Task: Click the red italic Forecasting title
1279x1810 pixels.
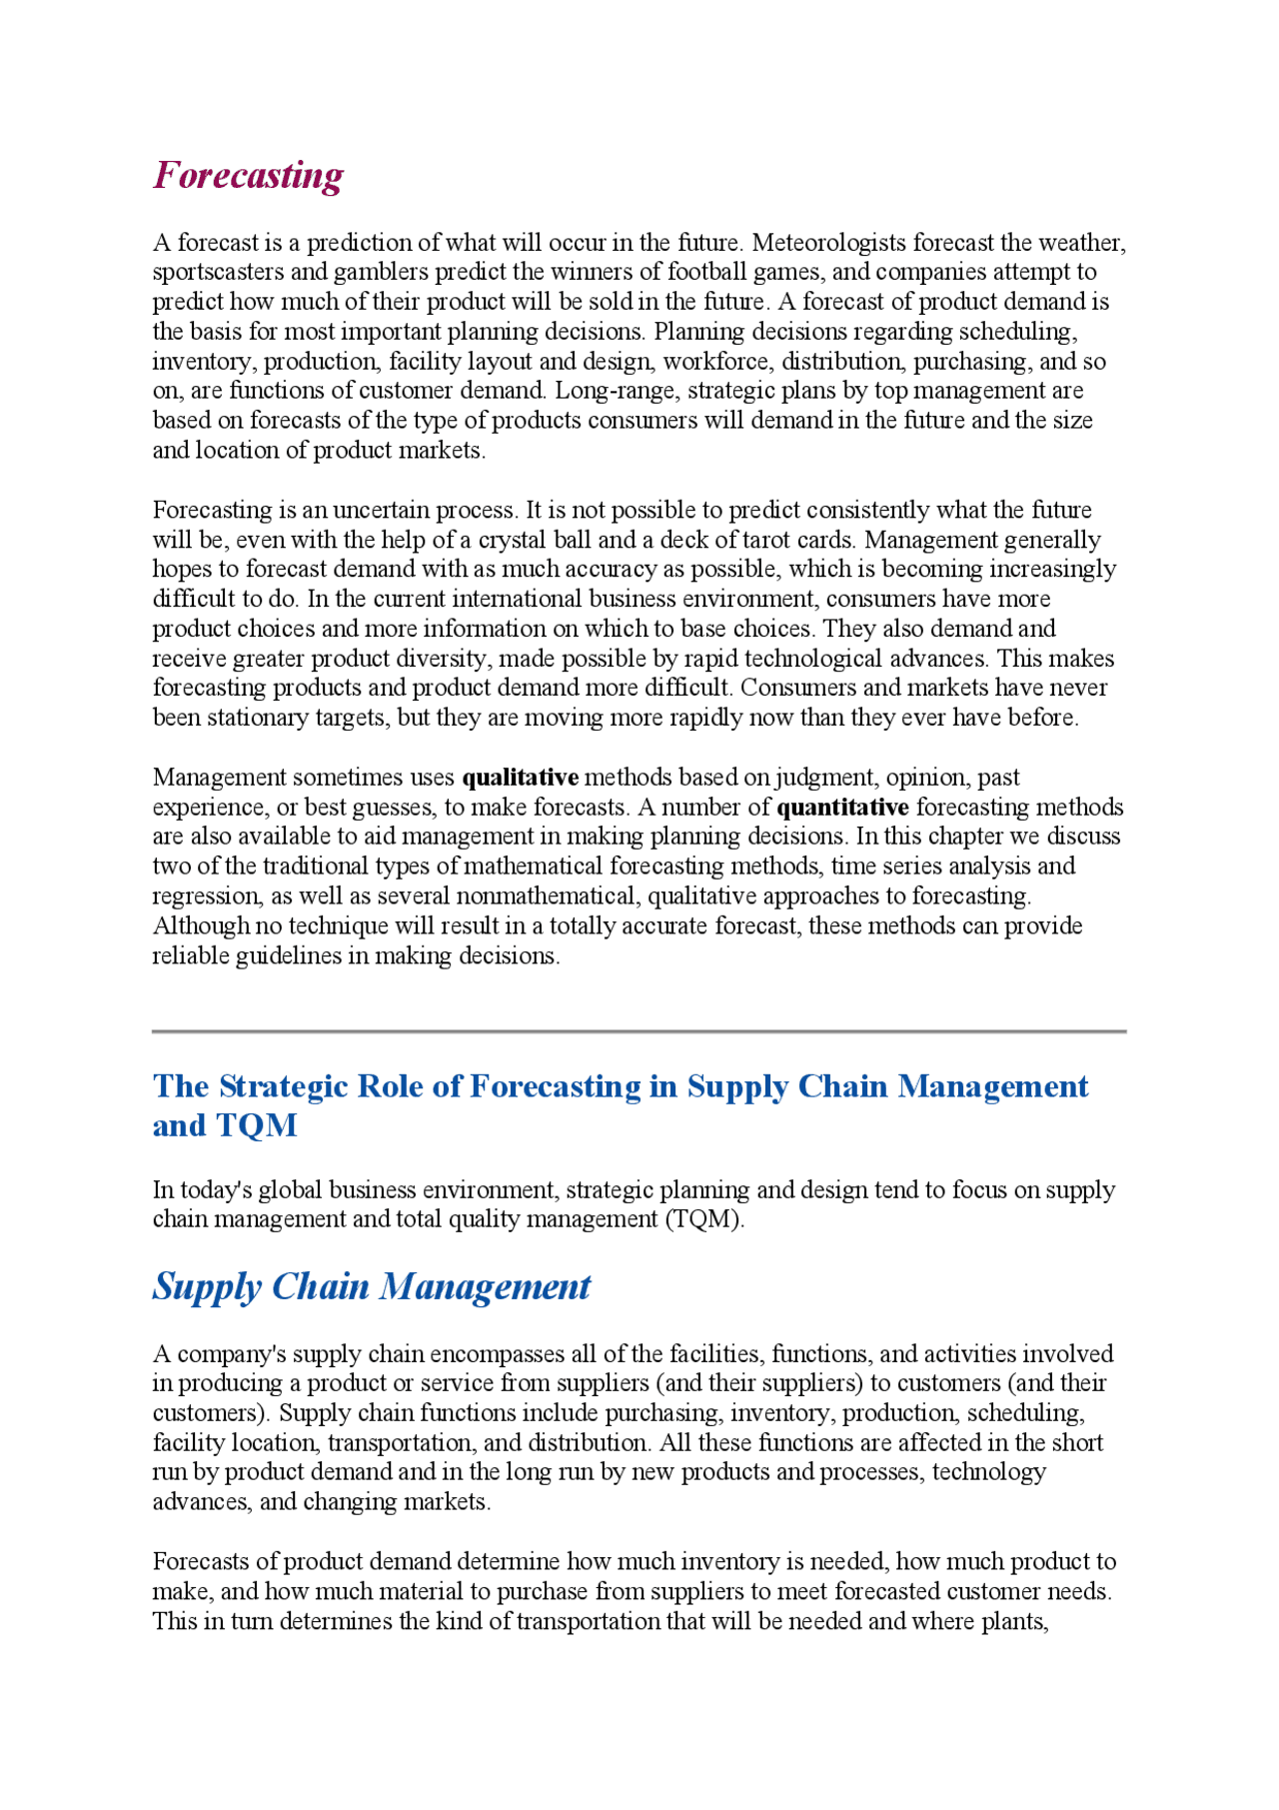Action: point(248,175)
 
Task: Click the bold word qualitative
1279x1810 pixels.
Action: point(520,778)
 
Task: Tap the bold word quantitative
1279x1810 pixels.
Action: point(842,808)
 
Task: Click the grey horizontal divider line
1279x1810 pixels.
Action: point(639,1030)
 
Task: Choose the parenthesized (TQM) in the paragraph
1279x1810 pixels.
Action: point(704,1219)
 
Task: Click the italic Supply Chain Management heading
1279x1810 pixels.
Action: point(372,1286)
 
